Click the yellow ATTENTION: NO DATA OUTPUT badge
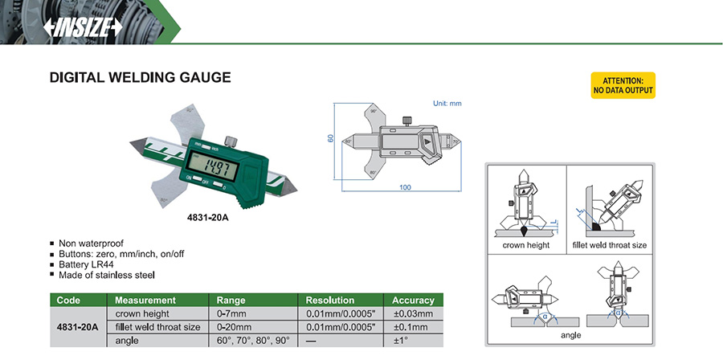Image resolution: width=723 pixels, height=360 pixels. (x=623, y=86)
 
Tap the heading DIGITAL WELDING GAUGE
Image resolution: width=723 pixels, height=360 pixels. (x=141, y=78)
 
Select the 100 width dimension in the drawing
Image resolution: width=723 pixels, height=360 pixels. (x=403, y=187)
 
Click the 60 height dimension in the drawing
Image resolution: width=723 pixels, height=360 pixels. (x=331, y=138)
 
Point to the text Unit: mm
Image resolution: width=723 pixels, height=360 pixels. (x=447, y=104)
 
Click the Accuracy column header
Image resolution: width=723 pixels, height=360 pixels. (x=413, y=300)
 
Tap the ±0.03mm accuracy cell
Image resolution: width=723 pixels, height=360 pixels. (x=413, y=313)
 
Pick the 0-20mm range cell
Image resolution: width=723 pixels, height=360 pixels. (x=235, y=327)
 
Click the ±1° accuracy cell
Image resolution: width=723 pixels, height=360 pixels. (x=413, y=341)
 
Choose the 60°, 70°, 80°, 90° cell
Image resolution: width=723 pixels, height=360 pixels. (x=251, y=341)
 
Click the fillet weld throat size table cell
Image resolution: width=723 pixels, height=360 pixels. (x=157, y=327)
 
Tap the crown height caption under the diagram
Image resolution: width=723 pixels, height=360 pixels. (x=526, y=245)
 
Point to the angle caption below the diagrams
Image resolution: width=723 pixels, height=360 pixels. (x=572, y=335)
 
